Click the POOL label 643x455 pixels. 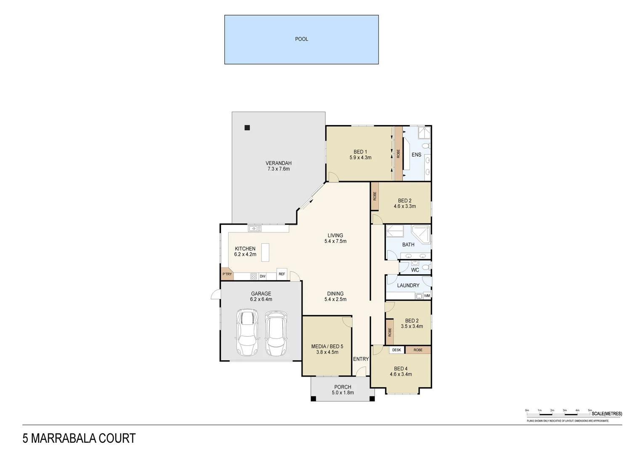coord(301,39)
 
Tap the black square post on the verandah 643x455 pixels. coord(247,128)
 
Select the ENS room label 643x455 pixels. coord(416,155)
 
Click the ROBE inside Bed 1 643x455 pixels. coord(398,153)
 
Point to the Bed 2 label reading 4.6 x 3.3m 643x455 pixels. coord(404,203)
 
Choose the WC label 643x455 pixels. coord(415,270)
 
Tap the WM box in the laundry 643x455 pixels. coord(427,296)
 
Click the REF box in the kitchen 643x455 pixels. coord(282,274)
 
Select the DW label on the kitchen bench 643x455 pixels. coord(263,276)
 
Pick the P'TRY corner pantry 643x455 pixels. coord(226,274)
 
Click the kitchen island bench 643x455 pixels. coord(265,252)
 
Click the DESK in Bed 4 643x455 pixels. coord(396,350)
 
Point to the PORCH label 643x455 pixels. coord(343,387)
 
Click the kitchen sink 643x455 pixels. coord(255,229)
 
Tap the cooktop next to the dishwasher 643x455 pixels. coord(254,276)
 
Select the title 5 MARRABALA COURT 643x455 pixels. coord(79,439)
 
